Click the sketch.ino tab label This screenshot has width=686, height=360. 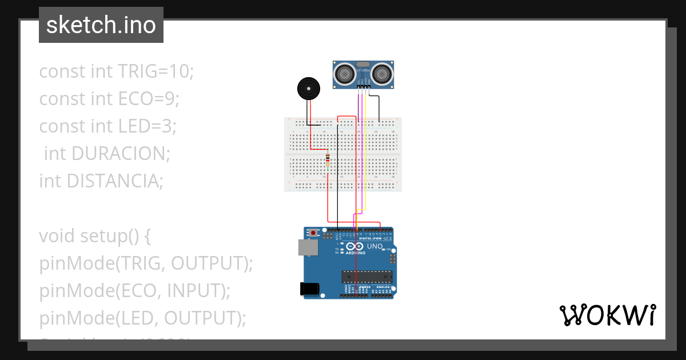[x=101, y=25]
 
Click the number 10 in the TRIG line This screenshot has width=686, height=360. [x=184, y=71]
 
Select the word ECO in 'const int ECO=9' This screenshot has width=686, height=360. [x=135, y=99]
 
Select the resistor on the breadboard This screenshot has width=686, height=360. [x=328, y=161]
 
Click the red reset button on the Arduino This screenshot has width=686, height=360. [x=313, y=233]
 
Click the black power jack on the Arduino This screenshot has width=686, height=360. [x=309, y=289]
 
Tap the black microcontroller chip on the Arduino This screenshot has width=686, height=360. [x=367, y=277]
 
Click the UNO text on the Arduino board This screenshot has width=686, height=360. [x=374, y=246]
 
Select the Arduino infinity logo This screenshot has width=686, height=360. [x=354, y=246]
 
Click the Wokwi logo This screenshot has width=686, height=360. [x=607, y=315]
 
